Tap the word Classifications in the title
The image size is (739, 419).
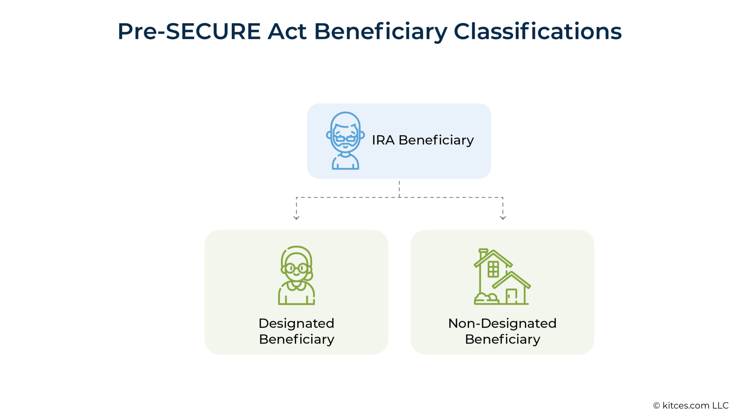point(538,32)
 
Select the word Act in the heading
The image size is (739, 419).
point(287,32)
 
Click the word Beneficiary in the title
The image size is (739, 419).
point(381,32)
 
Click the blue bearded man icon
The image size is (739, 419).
point(345,141)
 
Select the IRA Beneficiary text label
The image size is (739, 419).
point(423,140)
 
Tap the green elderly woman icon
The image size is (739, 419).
point(296,275)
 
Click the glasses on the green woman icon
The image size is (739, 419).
point(296,268)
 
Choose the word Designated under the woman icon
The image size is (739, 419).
point(296,324)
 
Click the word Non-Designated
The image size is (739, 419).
point(502,324)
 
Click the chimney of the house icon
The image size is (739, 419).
point(483,253)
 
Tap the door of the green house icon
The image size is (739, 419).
point(511,296)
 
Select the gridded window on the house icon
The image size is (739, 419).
point(493,269)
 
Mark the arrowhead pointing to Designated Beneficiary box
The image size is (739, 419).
point(296,218)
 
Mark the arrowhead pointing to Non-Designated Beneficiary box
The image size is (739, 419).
point(503,218)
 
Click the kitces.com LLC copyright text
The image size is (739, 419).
point(691,406)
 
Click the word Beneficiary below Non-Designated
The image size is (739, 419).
point(503,339)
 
